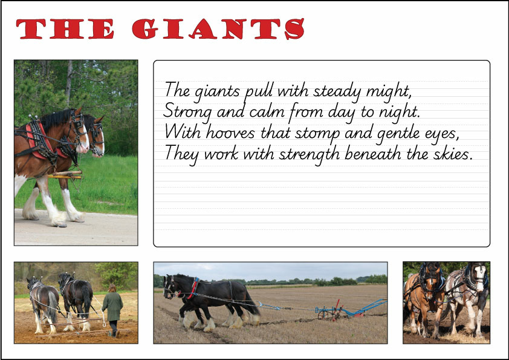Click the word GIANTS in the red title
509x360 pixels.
[x=218, y=29]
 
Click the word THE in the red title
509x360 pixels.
[x=65, y=29]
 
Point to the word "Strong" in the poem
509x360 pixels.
[x=184, y=112]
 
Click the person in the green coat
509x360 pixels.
[x=112, y=309]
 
